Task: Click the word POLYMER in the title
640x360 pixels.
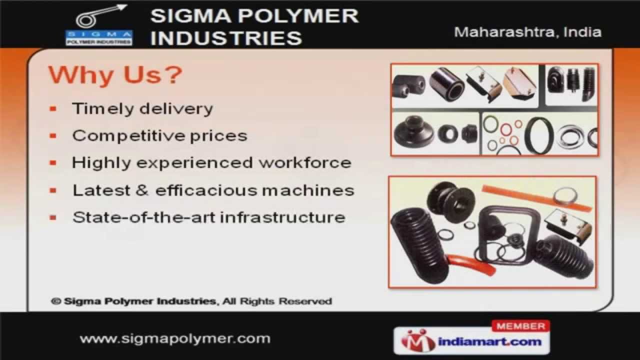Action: [x=298, y=15]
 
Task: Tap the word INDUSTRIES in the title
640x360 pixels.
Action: [x=225, y=38]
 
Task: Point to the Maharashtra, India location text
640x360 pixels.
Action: [x=527, y=32]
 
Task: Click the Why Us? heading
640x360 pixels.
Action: [x=115, y=75]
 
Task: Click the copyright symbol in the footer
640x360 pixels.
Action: [x=55, y=301]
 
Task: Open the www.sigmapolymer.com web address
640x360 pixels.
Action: [x=175, y=338]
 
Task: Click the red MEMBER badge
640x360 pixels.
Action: [x=520, y=326]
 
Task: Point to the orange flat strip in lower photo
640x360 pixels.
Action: [x=535, y=197]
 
